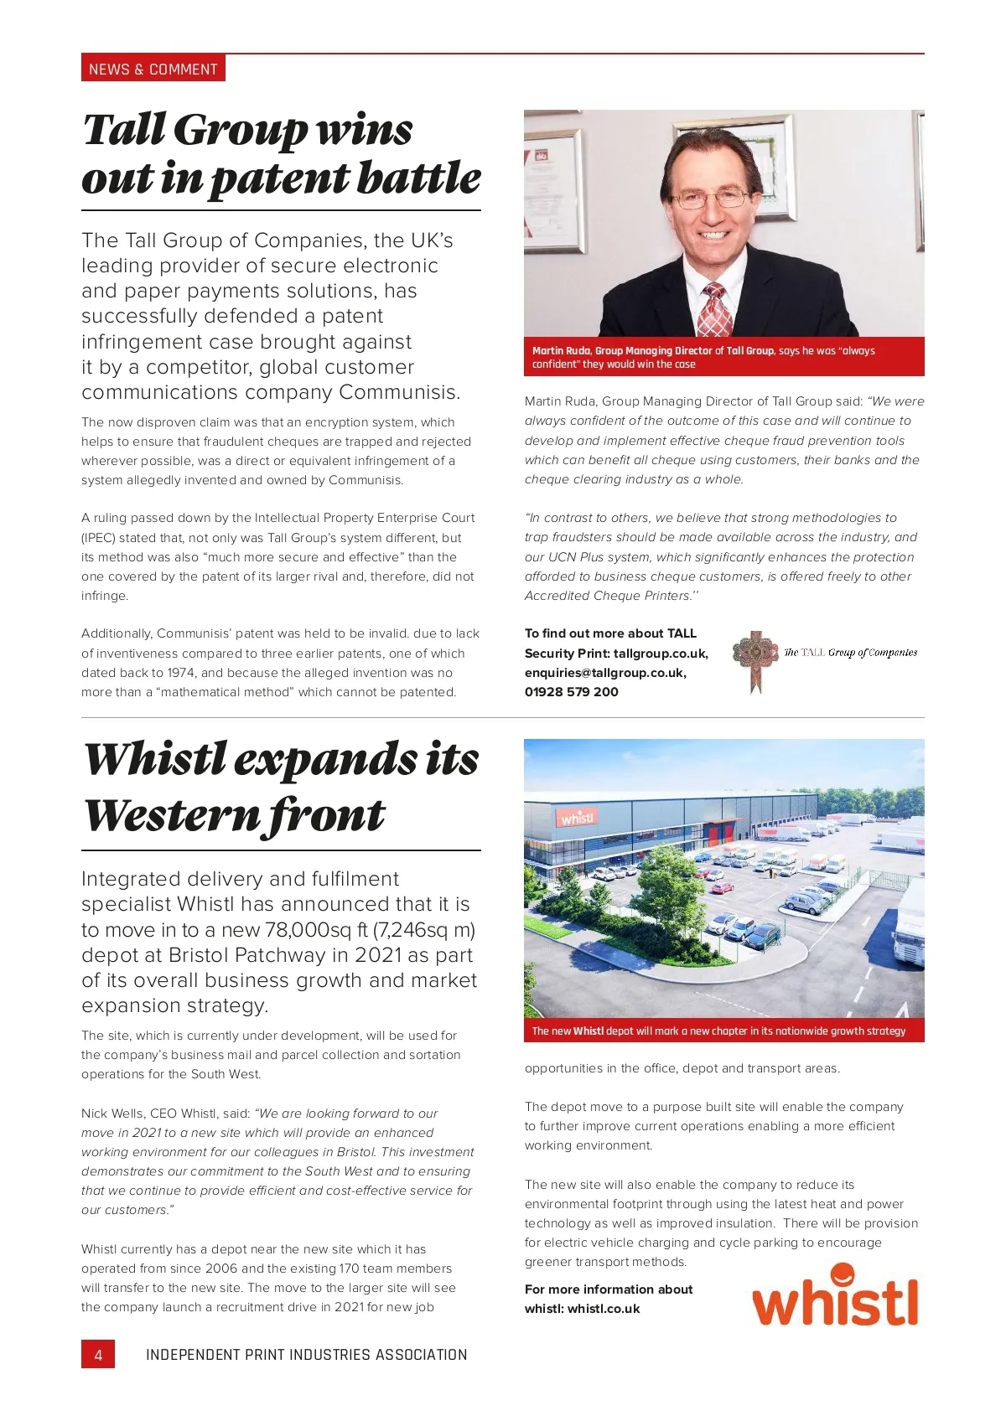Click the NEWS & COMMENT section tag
[x=153, y=69]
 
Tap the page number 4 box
[x=98, y=1355]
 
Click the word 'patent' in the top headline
[x=278, y=179]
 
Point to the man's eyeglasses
[x=713, y=199]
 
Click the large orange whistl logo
[x=835, y=1298]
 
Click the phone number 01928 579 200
[x=571, y=692]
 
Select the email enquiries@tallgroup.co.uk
[x=605, y=673]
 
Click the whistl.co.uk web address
[x=604, y=1309]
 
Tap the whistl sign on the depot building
[x=578, y=817]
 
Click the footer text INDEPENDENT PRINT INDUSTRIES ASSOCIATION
[x=306, y=1355]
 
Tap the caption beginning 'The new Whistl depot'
[x=718, y=1031]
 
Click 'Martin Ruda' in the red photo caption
[x=562, y=351]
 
